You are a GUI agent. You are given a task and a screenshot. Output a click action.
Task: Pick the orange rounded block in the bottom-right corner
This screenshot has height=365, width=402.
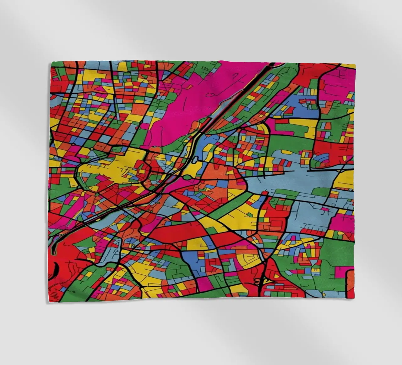(x=349, y=283)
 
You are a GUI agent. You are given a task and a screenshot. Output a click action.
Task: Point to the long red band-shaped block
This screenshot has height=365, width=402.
(x=176, y=233)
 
